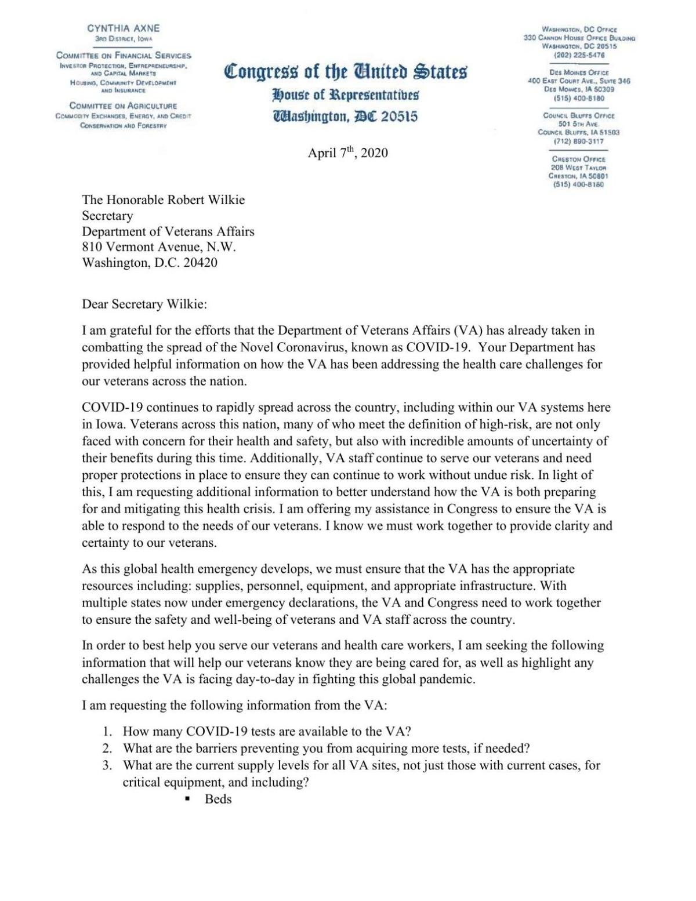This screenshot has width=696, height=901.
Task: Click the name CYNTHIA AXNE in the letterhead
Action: pyautogui.click(x=123, y=28)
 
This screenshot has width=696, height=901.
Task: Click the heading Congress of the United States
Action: pyautogui.click(x=346, y=72)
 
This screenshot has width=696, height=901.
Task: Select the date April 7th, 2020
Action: pyautogui.click(x=347, y=154)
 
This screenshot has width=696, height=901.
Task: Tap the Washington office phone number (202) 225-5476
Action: pyautogui.click(x=579, y=55)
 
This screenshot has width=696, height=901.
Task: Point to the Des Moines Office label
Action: pyautogui.click(x=579, y=72)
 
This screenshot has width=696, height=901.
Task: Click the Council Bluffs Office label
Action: pyautogui.click(x=579, y=115)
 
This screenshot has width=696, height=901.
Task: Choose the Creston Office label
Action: pyautogui.click(x=579, y=159)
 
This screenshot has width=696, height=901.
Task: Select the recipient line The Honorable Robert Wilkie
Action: pyautogui.click(x=164, y=200)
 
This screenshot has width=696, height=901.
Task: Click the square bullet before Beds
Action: pyautogui.click(x=187, y=800)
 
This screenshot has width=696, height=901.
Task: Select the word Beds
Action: pyautogui.click(x=218, y=799)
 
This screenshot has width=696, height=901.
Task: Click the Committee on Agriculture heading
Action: pyautogui.click(x=123, y=106)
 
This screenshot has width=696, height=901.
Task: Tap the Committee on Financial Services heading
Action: pyautogui.click(x=124, y=56)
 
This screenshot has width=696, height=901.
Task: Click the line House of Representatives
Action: pyautogui.click(x=346, y=95)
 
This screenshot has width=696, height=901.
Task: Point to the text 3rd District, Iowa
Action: pyautogui.click(x=124, y=38)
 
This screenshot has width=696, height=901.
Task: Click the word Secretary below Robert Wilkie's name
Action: pyautogui.click(x=107, y=216)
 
